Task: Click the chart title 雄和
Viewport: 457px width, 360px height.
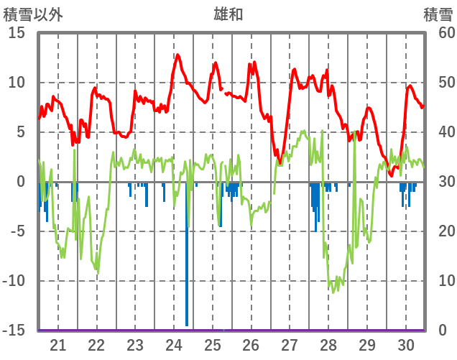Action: click(228, 14)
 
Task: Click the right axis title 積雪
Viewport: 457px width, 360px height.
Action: click(438, 14)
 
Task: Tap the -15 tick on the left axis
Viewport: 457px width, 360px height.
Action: click(14, 331)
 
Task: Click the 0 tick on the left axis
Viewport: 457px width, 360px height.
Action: click(21, 182)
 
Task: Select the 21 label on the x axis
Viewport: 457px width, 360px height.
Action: click(57, 344)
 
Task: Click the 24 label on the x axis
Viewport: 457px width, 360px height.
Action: click(174, 344)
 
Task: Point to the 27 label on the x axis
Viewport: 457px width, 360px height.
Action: click(290, 344)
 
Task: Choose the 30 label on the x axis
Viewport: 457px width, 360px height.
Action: click(405, 344)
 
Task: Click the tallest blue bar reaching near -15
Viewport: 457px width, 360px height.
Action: click(187, 316)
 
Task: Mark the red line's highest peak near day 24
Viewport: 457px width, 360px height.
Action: click(177, 55)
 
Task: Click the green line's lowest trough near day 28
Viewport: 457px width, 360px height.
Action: click(333, 291)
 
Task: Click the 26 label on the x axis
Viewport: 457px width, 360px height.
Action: click(251, 344)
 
